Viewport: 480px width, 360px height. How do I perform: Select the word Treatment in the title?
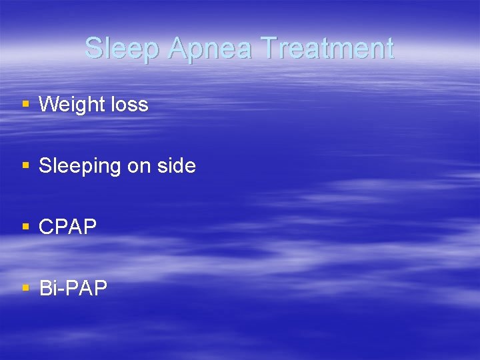click(x=327, y=49)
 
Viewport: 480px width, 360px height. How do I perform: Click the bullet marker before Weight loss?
click(x=26, y=104)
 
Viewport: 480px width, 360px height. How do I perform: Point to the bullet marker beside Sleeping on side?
click(x=26, y=165)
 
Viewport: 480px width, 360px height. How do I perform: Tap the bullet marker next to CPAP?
click(x=26, y=227)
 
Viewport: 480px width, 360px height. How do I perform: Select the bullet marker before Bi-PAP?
click(x=26, y=288)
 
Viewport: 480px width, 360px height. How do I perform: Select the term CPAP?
click(x=67, y=227)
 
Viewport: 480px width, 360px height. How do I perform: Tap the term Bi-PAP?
click(x=73, y=289)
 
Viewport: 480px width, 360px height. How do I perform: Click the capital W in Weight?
click(x=49, y=105)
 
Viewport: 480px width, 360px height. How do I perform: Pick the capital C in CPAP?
click(x=46, y=227)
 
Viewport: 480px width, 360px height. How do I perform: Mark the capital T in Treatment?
click(x=269, y=49)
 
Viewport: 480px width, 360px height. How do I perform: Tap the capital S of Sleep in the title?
click(x=94, y=49)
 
